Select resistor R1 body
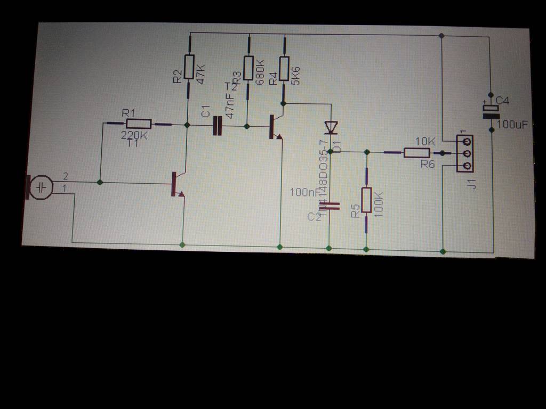139,124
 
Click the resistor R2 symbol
189,67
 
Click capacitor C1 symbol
216,126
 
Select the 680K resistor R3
248,68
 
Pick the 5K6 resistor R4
284,68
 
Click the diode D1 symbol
331,127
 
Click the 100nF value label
304,192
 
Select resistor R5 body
366,200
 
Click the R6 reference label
428,165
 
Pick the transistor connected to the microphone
176,184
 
